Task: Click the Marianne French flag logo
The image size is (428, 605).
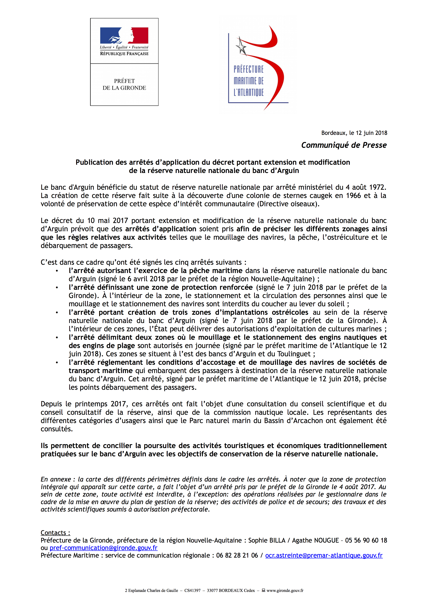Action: point(124,35)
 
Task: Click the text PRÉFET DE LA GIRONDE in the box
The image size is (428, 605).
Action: point(124,84)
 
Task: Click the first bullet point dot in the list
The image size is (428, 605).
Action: point(57,271)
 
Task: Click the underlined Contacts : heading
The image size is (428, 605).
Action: point(55,533)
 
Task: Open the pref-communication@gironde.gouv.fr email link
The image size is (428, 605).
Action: point(103,548)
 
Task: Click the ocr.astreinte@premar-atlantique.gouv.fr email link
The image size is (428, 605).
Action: point(324,556)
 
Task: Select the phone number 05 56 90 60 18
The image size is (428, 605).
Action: point(366,540)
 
